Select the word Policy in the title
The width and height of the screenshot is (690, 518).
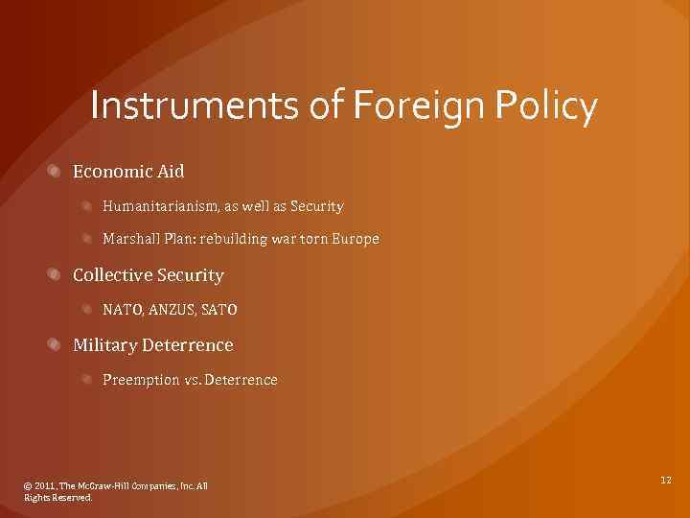[548, 107]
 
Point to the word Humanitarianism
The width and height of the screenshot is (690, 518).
[161, 206]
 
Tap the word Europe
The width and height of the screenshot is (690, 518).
[356, 239]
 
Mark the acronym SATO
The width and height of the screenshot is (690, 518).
[219, 310]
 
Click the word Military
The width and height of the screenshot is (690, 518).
[104, 344]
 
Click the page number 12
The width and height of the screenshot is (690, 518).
[665, 478]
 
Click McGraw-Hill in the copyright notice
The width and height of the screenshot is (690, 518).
[105, 486]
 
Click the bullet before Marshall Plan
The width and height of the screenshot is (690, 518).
[87, 239]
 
